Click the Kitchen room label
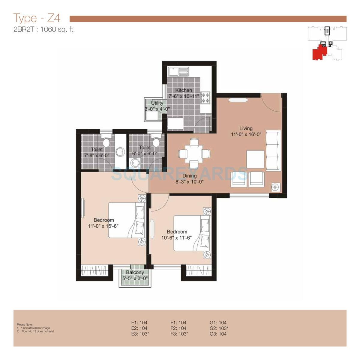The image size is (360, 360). click(184, 90)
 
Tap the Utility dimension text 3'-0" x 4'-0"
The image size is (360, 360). click(157, 109)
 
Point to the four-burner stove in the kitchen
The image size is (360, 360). click(206, 97)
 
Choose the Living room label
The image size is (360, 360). click(246, 128)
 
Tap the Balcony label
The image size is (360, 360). click(135, 272)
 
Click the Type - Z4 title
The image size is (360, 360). click(37, 18)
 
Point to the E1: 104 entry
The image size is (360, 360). click(139, 322)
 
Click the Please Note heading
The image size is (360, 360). click(25, 325)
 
